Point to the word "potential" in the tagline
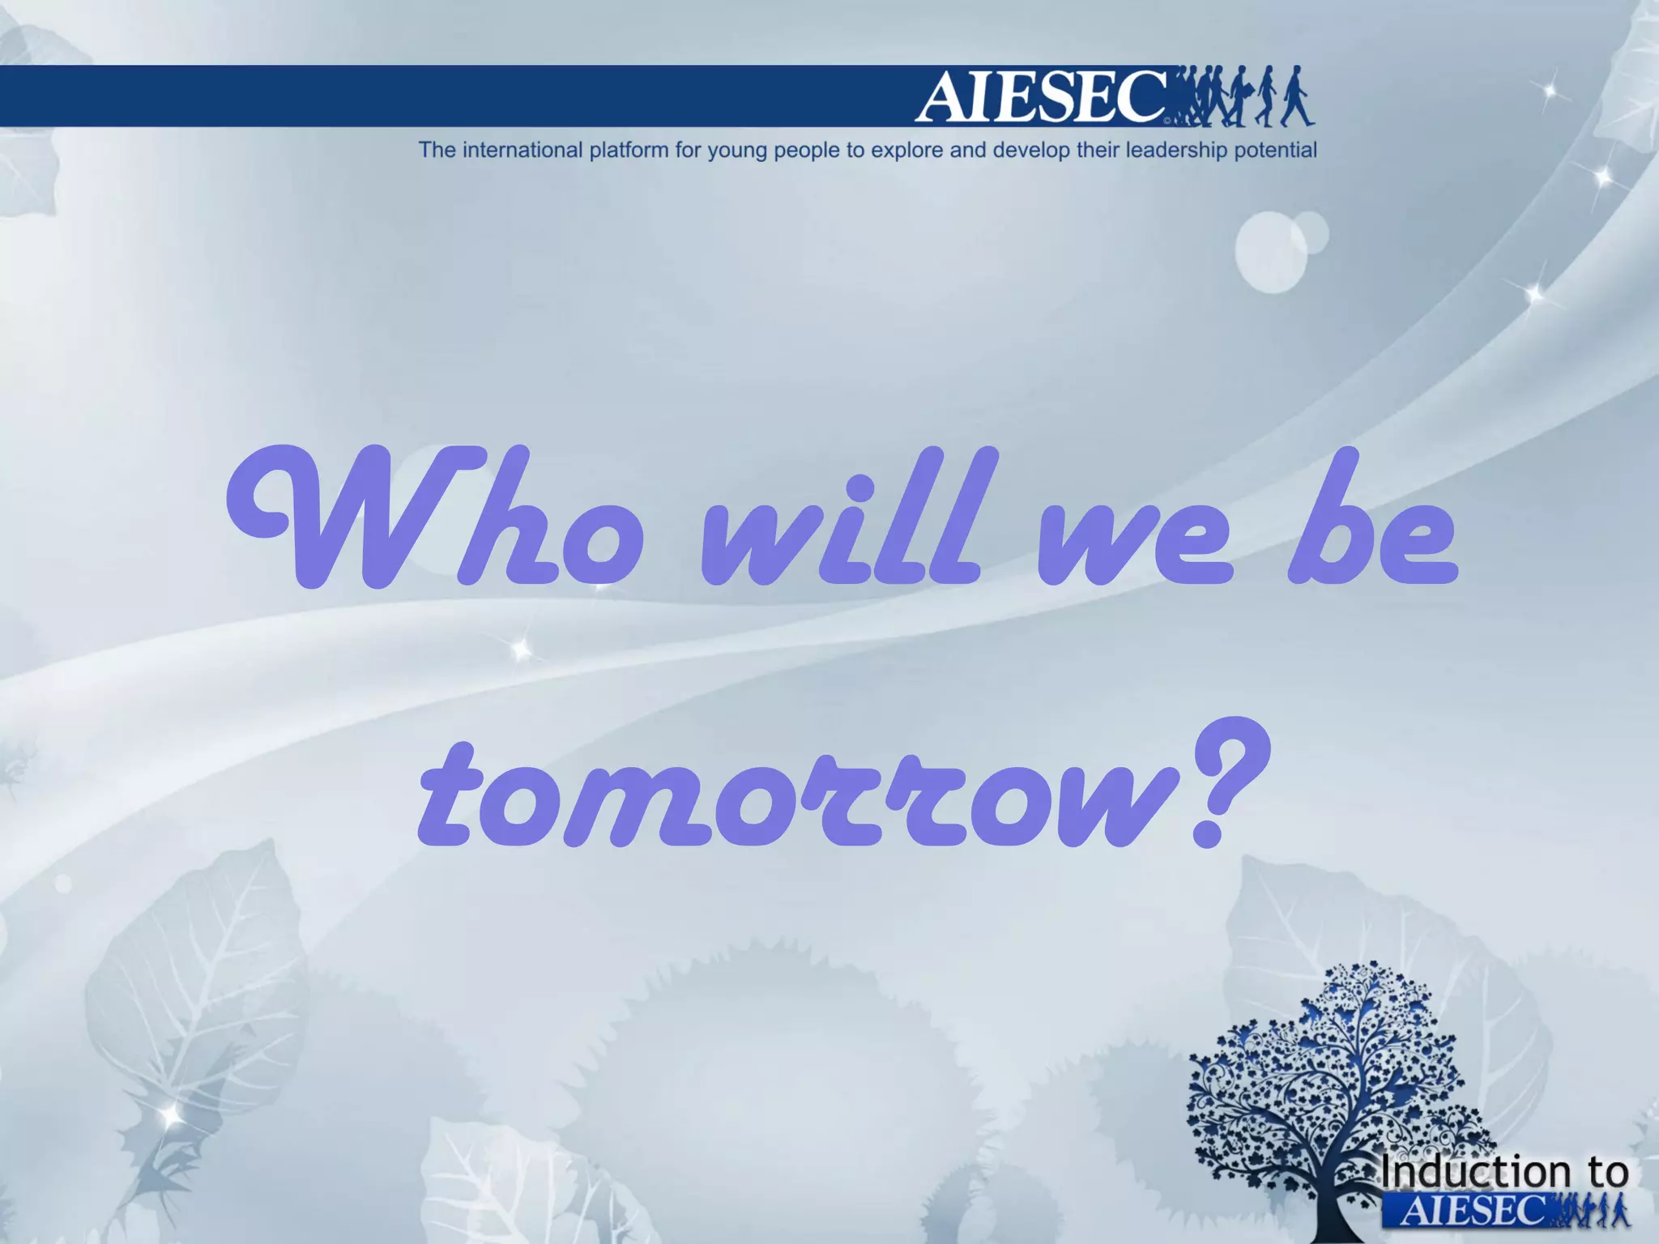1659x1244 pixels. [x=1275, y=151]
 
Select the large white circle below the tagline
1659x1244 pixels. [x=1270, y=252]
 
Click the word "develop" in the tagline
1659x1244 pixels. [x=1030, y=151]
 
